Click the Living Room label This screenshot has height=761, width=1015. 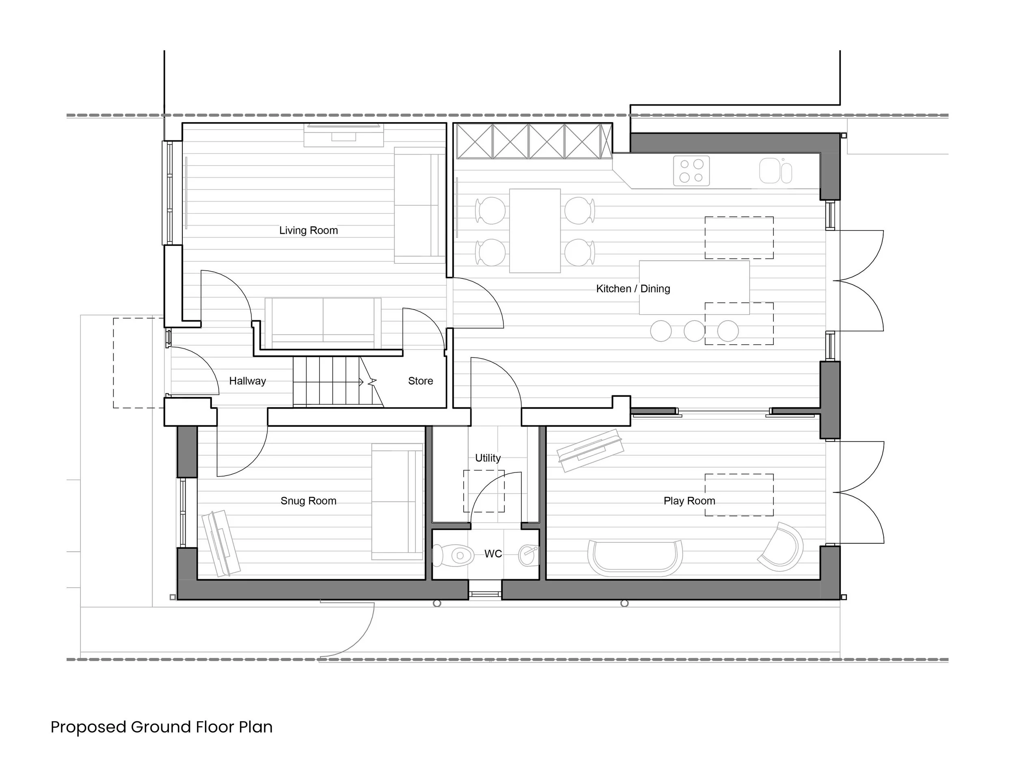(x=308, y=230)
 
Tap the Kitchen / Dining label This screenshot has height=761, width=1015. (x=633, y=289)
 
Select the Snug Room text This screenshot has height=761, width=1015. (x=308, y=501)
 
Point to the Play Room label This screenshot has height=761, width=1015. (x=689, y=501)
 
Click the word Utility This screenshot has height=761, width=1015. (x=488, y=458)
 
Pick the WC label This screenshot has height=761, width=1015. (x=493, y=554)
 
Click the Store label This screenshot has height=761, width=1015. (x=420, y=381)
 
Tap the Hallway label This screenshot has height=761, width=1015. (x=247, y=381)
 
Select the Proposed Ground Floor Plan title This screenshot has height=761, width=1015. (x=162, y=727)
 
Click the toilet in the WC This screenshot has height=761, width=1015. (x=454, y=556)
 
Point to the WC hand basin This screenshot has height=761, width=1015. (x=528, y=555)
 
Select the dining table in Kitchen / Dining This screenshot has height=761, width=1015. (x=535, y=231)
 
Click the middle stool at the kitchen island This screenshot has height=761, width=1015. (x=694, y=331)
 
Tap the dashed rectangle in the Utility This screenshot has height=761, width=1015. (x=484, y=491)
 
